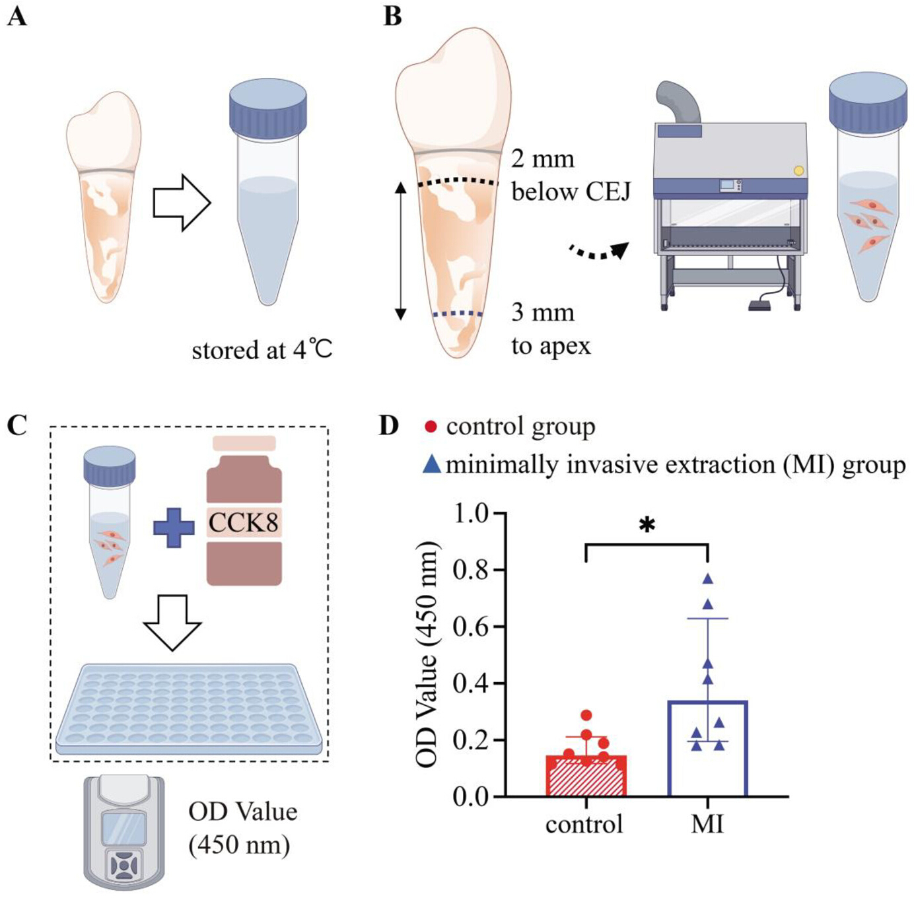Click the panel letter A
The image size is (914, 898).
[18, 18]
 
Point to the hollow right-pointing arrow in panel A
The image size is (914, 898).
[182, 203]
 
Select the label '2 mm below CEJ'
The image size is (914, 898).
[571, 176]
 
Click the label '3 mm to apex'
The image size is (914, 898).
[551, 329]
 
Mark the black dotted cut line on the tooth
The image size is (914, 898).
[458, 182]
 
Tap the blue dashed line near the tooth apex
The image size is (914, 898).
[457, 314]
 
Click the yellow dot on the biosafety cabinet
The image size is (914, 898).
[798, 170]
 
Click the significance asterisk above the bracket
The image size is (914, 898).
[647, 526]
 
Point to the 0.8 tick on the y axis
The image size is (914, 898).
[500, 570]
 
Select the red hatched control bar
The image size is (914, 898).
[586, 776]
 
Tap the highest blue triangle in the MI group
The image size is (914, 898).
[708, 578]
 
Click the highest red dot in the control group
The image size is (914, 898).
[586, 715]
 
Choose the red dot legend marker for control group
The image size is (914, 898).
[431, 427]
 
